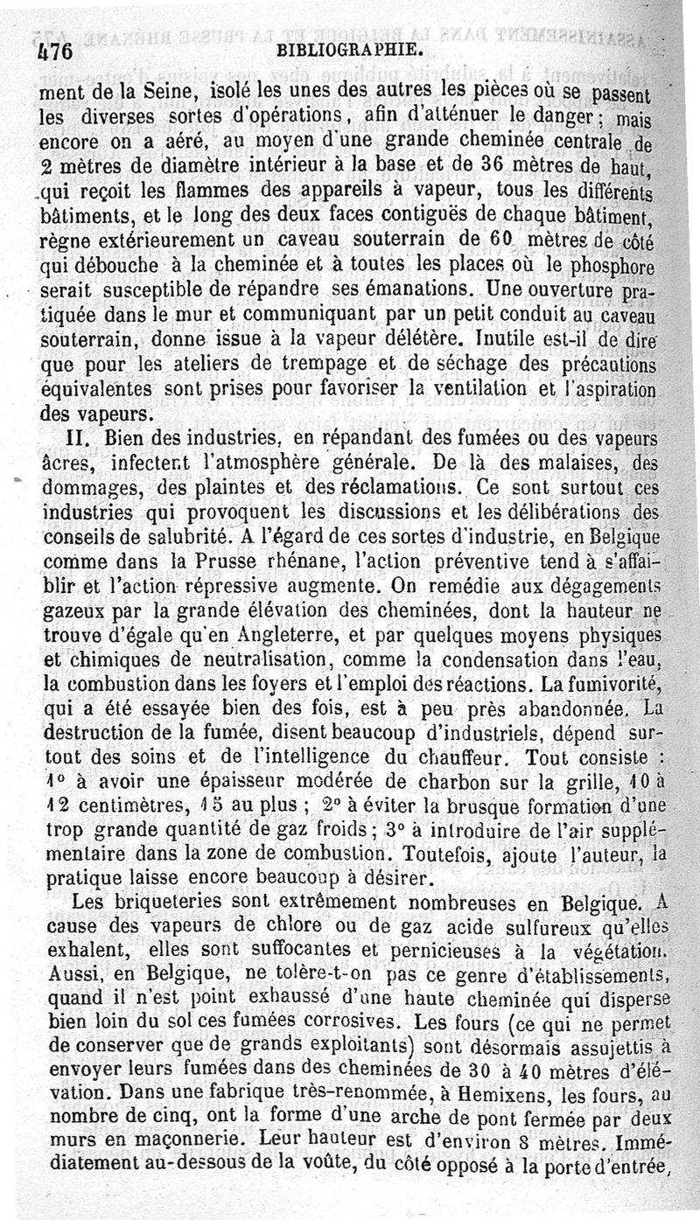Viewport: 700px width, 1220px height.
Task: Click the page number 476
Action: (x=53, y=51)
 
